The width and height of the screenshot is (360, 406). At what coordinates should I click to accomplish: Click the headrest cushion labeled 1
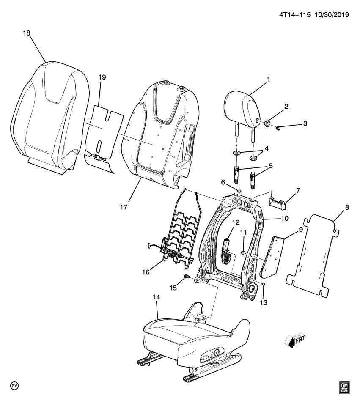239,110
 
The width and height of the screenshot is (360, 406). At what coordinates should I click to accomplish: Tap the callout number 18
27,33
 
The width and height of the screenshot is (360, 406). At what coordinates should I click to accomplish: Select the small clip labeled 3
278,127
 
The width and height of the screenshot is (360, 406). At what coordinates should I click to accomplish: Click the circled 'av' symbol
15,386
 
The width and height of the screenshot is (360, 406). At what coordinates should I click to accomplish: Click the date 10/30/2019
331,14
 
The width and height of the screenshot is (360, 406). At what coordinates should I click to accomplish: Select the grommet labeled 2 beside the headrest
267,124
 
